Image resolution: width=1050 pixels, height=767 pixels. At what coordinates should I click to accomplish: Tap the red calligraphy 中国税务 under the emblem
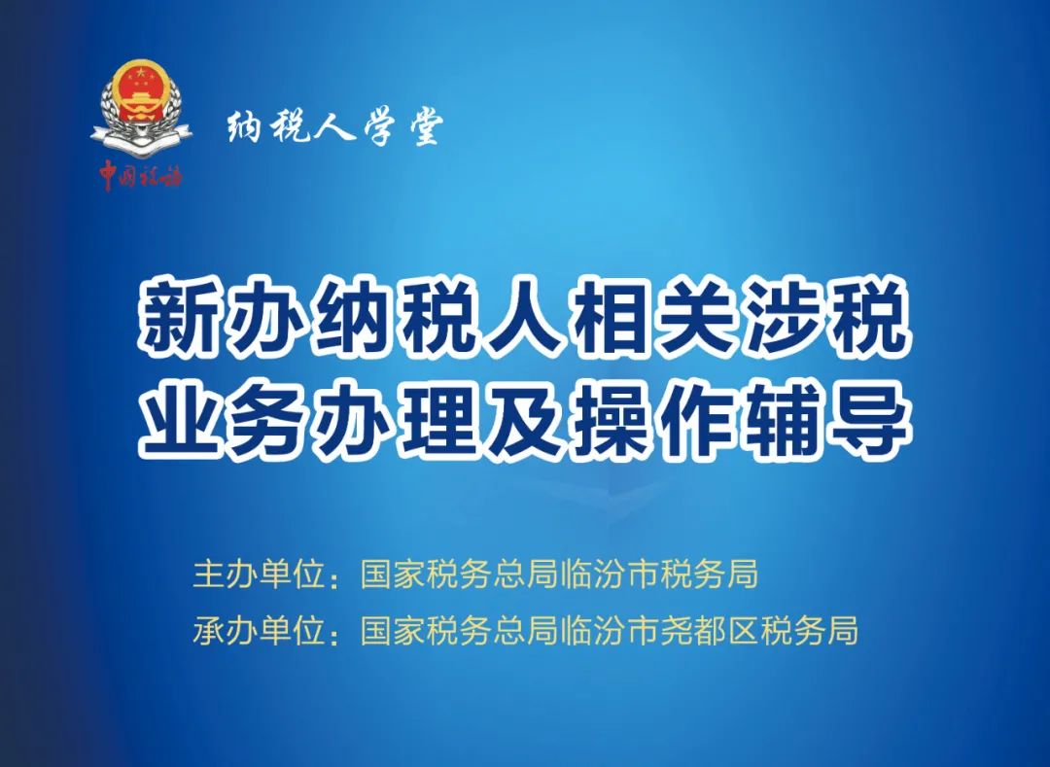click(141, 175)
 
